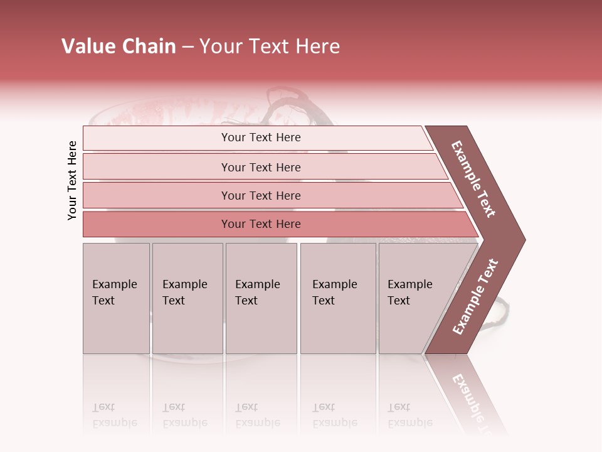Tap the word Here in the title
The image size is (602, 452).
[x=317, y=46]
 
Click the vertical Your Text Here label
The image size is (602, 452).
[x=72, y=181]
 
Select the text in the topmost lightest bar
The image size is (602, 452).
[x=261, y=137]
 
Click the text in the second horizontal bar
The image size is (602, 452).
[x=261, y=167]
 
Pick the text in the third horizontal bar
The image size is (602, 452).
[x=261, y=195]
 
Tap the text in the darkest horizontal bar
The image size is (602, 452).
[x=261, y=223]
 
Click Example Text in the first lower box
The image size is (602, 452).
[x=114, y=293]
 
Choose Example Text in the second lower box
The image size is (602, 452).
[x=184, y=293]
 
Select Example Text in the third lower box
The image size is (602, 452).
[x=257, y=293]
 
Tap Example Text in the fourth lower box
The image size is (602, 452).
[x=334, y=293]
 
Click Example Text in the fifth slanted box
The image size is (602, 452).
[x=409, y=293]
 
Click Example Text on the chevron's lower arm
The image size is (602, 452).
[x=475, y=296]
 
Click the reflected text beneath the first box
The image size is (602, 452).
[x=114, y=415]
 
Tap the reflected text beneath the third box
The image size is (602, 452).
[x=257, y=415]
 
